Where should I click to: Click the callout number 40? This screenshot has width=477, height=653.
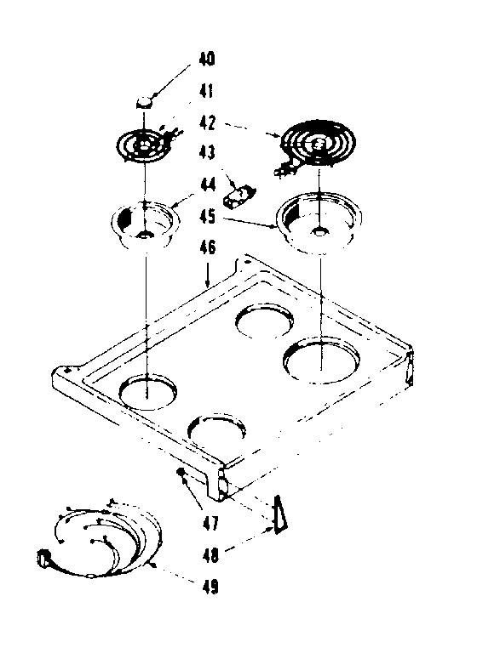208,60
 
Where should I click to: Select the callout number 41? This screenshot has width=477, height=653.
208,90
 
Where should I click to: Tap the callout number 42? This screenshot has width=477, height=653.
208,122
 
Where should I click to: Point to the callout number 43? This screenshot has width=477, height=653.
208,152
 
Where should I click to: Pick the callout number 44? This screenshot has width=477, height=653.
208,185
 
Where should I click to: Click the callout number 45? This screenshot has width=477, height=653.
208,216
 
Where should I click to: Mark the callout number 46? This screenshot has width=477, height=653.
208,248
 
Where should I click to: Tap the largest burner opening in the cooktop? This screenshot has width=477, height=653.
321,360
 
